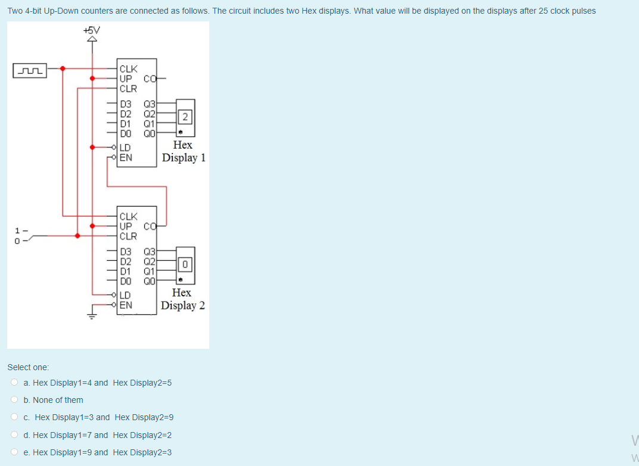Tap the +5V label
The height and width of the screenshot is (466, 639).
point(92,30)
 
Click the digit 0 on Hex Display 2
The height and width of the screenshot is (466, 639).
point(185,263)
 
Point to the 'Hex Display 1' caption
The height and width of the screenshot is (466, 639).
point(184,151)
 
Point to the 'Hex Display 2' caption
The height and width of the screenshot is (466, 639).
point(183,299)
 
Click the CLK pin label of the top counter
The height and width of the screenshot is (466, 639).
point(128,68)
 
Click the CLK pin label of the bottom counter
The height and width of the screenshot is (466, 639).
point(128,216)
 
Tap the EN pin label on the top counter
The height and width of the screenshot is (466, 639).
point(126,158)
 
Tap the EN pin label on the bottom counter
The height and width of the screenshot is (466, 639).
point(126,305)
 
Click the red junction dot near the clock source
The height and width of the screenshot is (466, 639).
point(63,68)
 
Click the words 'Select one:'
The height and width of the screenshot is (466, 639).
point(28,368)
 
